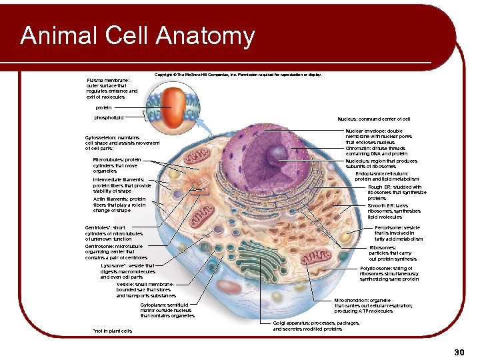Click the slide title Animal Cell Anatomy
click(137, 36)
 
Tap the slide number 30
click(458, 351)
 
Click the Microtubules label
click(117, 165)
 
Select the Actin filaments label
click(119, 204)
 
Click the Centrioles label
click(110, 233)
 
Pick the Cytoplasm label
click(167, 310)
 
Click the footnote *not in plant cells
click(112, 331)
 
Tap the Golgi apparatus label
click(316, 325)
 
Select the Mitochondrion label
click(373, 305)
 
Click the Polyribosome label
click(389, 273)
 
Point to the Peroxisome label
click(399, 233)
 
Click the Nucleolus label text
click(381, 163)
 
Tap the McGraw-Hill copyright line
click(238, 75)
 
